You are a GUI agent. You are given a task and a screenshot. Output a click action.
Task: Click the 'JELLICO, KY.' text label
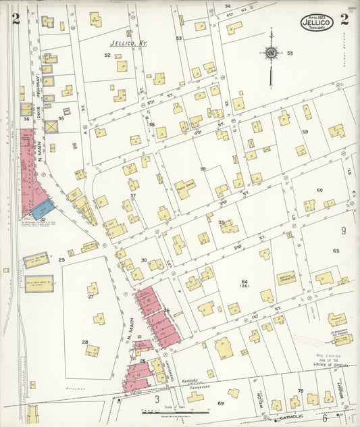pyautogui.click(x=128, y=43)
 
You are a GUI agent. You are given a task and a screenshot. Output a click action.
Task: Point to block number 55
pyautogui.click(x=290, y=53)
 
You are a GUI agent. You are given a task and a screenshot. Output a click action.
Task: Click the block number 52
pyautogui.click(x=107, y=55)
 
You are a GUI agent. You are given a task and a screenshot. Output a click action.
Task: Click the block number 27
pyautogui.click(x=91, y=296)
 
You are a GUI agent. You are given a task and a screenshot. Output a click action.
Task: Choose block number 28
pyautogui.click(x=85, y=342)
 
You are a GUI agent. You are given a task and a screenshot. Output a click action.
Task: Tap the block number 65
pyautogui.click(x=336, y=251)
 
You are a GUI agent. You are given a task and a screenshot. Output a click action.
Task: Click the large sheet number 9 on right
pyautogui.click(x=343, y=231)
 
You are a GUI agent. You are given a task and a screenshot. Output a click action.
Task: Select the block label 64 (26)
pyautogui.click(x=245, y=284)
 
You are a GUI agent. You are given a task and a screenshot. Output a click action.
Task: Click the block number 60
pyautogui.click(x=319, y=190)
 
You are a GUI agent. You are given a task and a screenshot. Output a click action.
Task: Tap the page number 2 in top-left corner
pyautogui.click(x=15, y=18)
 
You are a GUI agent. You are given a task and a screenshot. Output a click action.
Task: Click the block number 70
pyautogui.click(x=300, y=391)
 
